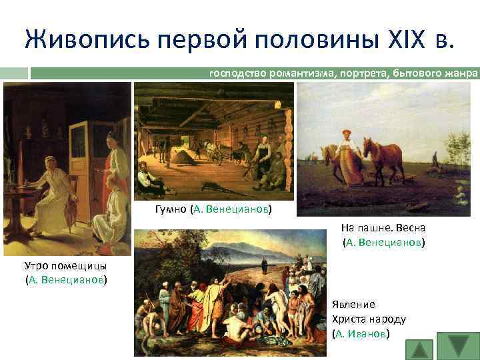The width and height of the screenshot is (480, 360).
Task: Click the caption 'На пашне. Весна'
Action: tap(383, 227)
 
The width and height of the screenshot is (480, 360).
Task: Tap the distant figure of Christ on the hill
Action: tap(264, 266)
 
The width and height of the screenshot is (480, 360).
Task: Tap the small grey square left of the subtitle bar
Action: tap(15, 73)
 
